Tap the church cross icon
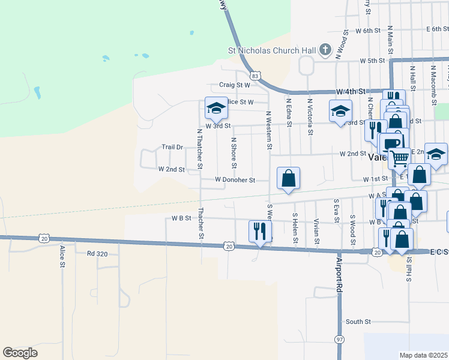click(x=325, y=50)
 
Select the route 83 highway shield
click(x=256, y=76)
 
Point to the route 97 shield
click(x=340, y=340)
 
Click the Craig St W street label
click(x=234, y=85)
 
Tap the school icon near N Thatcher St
click(x=216, y=108)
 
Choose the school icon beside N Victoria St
click(x=340, y=111)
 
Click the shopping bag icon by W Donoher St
click(x=288, y=178)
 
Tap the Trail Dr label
click(x=172, y=147)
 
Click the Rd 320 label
click(x=97, y=254)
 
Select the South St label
click(x=358, y=322)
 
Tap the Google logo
click(x=20, y=353)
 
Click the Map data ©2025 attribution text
click(x=423, y=355)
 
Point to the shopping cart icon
click(x=399, y=158)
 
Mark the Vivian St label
click(x=316, y=232)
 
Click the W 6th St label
click(x=368, y=30)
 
